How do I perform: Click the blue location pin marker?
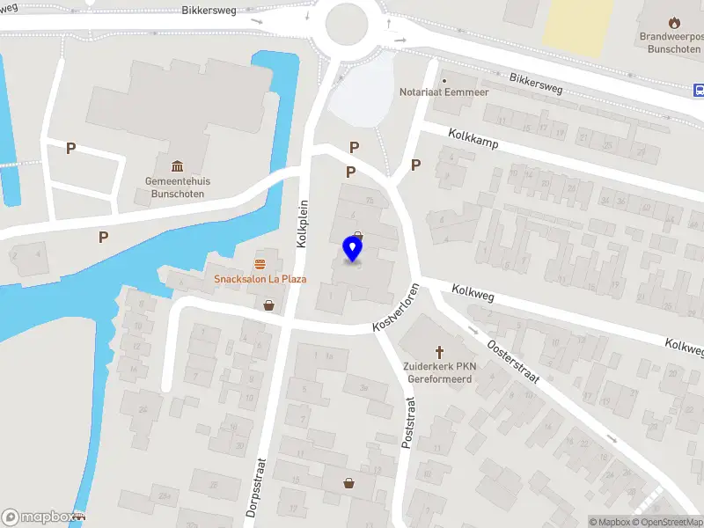[x=353, y=249]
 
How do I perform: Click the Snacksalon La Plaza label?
[x=260, y=279]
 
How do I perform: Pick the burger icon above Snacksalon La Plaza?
[x=260, y=264]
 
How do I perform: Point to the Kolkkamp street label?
[x=473, y=140]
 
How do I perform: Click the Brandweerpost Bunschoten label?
[x=673, y=43]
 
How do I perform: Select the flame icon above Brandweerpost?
[x=674, y=22]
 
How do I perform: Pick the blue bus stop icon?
[x=699, y=90]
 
